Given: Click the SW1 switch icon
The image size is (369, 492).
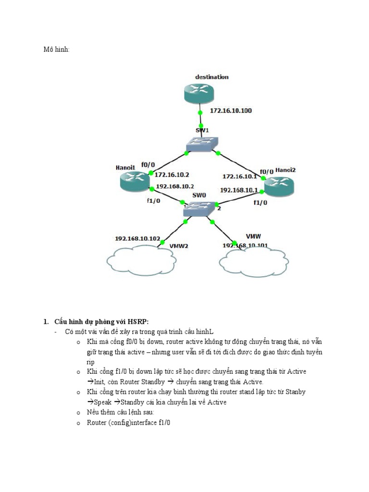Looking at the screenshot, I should point(202,143).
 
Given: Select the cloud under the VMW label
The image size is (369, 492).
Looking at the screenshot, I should point(251,262).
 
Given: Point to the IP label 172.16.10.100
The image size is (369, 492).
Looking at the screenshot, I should point(231,111).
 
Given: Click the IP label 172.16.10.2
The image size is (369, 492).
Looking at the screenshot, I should point(172,175).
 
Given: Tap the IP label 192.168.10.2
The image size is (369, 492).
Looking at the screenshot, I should point(175,186).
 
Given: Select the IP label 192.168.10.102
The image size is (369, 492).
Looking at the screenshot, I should point(137,238).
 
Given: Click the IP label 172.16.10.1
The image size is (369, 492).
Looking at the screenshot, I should point(239,176).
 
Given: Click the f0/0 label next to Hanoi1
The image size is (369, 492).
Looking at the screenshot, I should point(148,164).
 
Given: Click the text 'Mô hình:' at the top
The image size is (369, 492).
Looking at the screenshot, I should point(56,49).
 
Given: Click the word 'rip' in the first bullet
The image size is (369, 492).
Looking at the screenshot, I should point(91,362).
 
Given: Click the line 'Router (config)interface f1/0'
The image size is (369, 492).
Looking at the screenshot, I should point(128,422).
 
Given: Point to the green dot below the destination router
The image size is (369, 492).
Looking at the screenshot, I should point(201,113).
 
